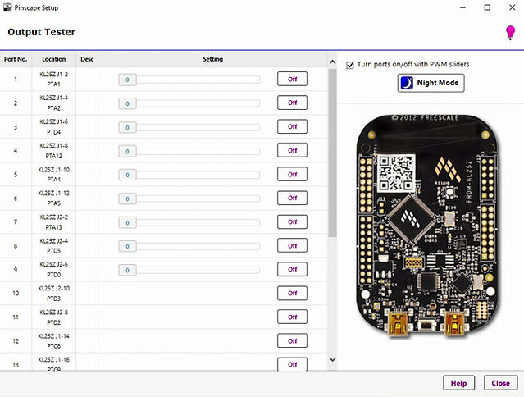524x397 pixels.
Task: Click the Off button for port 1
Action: (x=292, y=80)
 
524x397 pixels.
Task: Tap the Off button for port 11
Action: (x=292, y=317)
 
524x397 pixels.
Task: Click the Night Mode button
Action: (x=430, y=83)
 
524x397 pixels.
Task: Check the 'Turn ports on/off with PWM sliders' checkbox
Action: (x=351, y=64)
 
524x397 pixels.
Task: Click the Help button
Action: (x=458, y=383)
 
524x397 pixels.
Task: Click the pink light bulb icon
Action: (x=509, y=33)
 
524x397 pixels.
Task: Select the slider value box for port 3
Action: (x=127, y=127)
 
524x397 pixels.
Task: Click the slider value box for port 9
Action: (x=127, y=270)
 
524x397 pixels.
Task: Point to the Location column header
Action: (x=54, y=59)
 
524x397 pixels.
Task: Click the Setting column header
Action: (x=213, y=59)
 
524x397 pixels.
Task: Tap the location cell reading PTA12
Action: (x=54, y=156)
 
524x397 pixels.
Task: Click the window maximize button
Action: (x=487, y=7)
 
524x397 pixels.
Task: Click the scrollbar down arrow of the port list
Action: (x=332, y=359)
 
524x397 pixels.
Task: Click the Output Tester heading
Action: (x=42, y=32)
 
